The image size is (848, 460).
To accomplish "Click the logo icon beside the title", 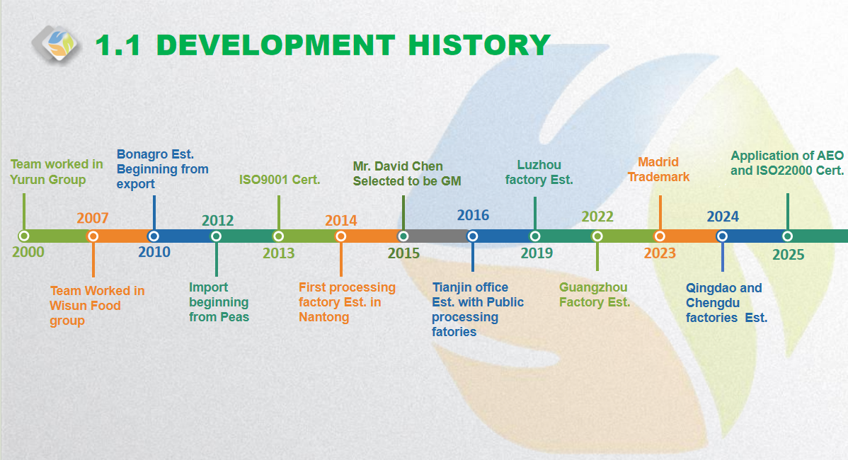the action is coord(56,45).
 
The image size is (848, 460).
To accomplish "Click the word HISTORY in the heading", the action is coord(479,45).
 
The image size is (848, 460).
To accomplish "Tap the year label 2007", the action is coord(93,218).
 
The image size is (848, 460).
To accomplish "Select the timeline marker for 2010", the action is coord(154,236).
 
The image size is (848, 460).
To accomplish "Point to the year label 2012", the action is coord(217,221).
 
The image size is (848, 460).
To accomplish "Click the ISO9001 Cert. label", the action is coord(280,180).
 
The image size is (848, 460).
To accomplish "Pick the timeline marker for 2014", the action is coord(340,236).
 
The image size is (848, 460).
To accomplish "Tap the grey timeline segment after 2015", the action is coord(437,236).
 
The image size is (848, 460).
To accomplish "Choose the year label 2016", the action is coord(474,215).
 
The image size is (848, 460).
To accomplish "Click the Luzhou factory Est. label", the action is coord(539,173).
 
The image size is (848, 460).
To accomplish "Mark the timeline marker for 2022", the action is coord(597,236).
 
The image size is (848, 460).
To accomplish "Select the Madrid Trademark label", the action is coord(659,169).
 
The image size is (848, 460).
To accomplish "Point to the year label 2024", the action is coord(723,217).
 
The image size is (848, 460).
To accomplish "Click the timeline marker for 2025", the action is coord(787,236).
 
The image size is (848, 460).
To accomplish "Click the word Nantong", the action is coord(324,317).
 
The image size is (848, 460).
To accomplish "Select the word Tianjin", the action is coord(450,287).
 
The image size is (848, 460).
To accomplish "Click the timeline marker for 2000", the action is coord(24,236).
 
